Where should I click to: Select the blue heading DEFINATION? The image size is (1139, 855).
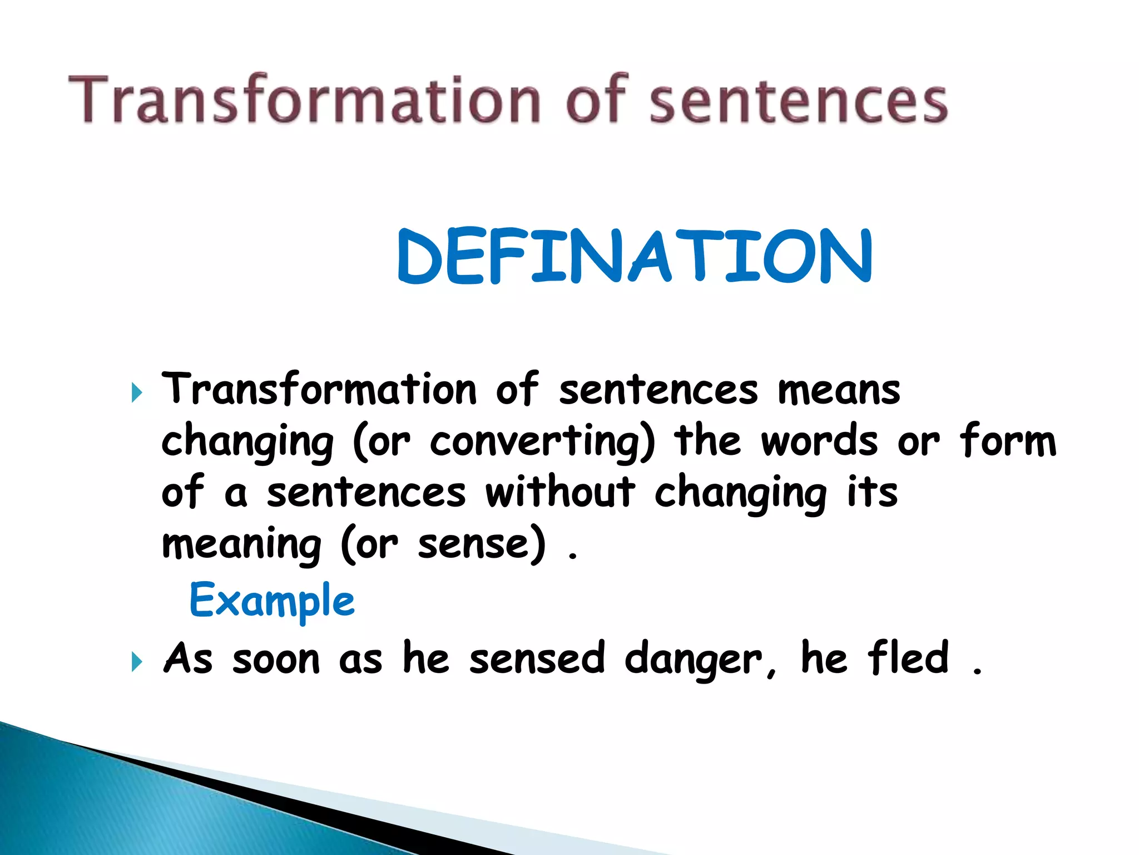tap(635, 257)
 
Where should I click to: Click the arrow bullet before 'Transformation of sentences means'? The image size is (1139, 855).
tap(137, 393)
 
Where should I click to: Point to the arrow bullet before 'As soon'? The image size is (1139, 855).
tap(137, 662)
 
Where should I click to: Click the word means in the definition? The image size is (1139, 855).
tap(839, 390)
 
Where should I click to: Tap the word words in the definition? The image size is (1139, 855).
tap(820, 441)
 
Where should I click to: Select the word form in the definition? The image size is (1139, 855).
tap(1007, 440)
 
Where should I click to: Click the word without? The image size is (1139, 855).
tap(560, 493)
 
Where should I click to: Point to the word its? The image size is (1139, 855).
tap(872, 493)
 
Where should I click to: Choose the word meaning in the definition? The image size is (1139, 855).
tap(241, 545)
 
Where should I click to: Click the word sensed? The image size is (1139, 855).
tap(537, 659)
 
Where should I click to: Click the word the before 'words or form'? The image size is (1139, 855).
tap(707, 440)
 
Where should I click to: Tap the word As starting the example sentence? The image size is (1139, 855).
tap(188, 659)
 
